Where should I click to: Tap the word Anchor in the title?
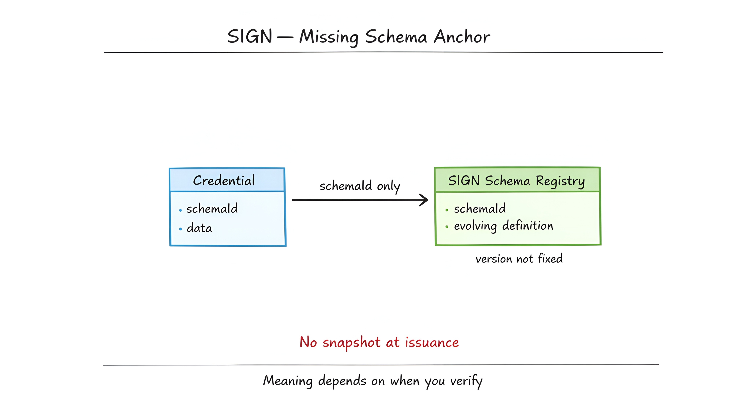(462, 37)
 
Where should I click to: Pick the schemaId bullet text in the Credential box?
(212, 209)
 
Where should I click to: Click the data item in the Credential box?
(199, 228)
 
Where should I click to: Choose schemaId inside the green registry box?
(480, 209)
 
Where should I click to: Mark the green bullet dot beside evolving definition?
(447, 227)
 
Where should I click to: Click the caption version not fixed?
(519, 259)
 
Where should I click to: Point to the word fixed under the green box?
(550, 258)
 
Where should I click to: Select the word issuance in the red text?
(432, 342)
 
